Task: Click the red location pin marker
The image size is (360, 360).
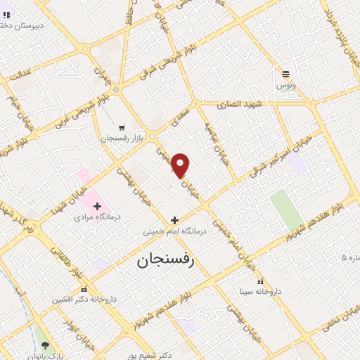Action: point(181,165)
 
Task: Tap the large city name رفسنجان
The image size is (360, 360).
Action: point(161,259)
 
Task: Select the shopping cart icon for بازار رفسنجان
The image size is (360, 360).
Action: point(122,128)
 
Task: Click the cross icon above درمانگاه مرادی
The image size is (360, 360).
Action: point(97,205)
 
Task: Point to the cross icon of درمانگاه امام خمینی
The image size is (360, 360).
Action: point(174,220)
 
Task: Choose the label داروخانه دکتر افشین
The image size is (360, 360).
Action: point(80,299)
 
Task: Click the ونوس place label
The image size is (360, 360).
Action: point(285,84)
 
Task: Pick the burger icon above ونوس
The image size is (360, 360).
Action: point(285,74)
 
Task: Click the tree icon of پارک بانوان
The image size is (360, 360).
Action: point(46,345)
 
